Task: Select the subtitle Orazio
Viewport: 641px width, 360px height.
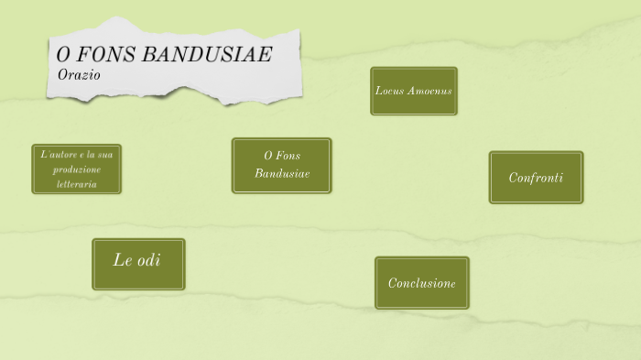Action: pyautogui.click(x=79, y=73)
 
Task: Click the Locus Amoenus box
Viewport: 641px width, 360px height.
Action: pyautogui.click(x=414, y=91)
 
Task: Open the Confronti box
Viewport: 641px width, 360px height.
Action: pyautogui.click(x=536, y=178)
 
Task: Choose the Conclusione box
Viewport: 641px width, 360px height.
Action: pyautogui.click(x=421, y=283)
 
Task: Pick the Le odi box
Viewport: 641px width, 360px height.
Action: pyautogui.click(x=138, y=264)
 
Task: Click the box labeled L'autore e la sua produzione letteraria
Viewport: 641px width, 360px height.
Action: pyautogui.click(x=77, y=169)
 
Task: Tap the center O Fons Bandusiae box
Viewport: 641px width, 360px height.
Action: pyautogui.click(x=281, y=166)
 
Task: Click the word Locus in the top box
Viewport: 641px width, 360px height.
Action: pyautogui.click(x=390, y=91)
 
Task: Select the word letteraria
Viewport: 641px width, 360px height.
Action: pyautogui.click(x=77, y=184)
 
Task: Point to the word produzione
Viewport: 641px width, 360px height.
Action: pyautogui.click(x=77, y=169)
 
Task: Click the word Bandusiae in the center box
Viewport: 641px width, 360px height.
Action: pyautogui.click(x=282, y=173)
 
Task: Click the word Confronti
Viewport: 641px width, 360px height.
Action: pyautogui.click(x=536, y=178)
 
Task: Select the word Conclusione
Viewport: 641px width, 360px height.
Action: pyautogui.click(x=421, y=283)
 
